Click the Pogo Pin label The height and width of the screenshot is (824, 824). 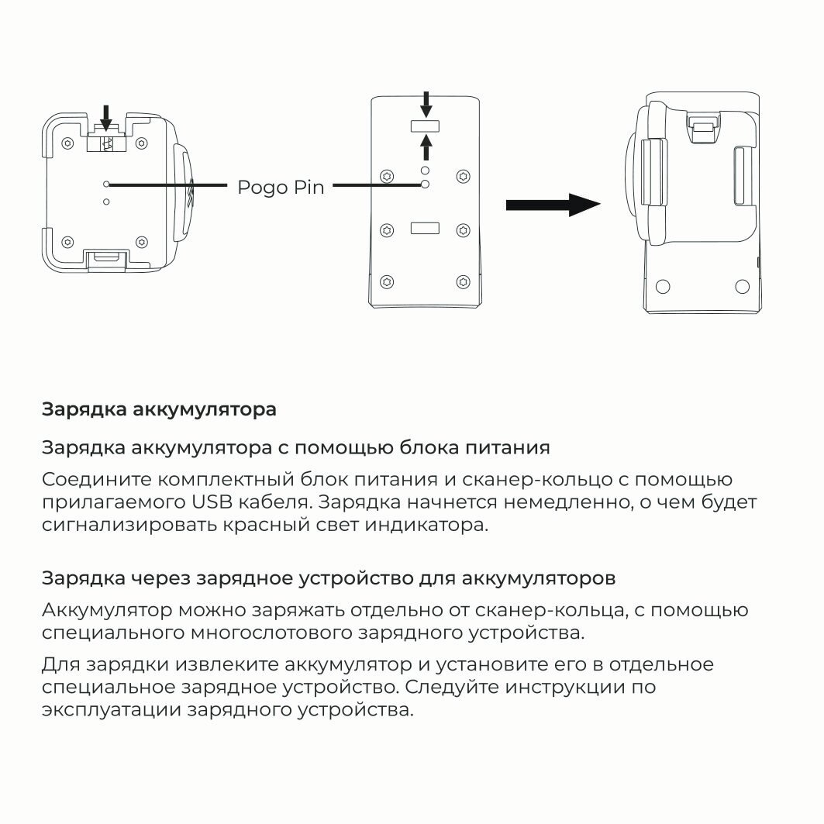(281, 187)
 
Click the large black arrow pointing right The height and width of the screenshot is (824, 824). (553, 205)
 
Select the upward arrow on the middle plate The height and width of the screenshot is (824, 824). (425, 147)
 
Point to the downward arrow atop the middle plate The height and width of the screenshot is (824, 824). (425, 102)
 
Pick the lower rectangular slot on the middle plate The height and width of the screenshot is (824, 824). (425, 229)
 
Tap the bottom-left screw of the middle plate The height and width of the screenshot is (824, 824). (387, 281)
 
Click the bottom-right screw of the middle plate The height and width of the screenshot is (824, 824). (463, 281)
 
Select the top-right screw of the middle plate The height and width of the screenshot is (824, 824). (463, 176)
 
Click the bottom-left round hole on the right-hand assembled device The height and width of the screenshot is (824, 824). (662, 286)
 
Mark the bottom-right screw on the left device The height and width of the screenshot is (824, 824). (142, 240)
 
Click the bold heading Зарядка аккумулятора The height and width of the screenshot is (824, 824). (159, 409)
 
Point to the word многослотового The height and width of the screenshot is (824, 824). (271, 633)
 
